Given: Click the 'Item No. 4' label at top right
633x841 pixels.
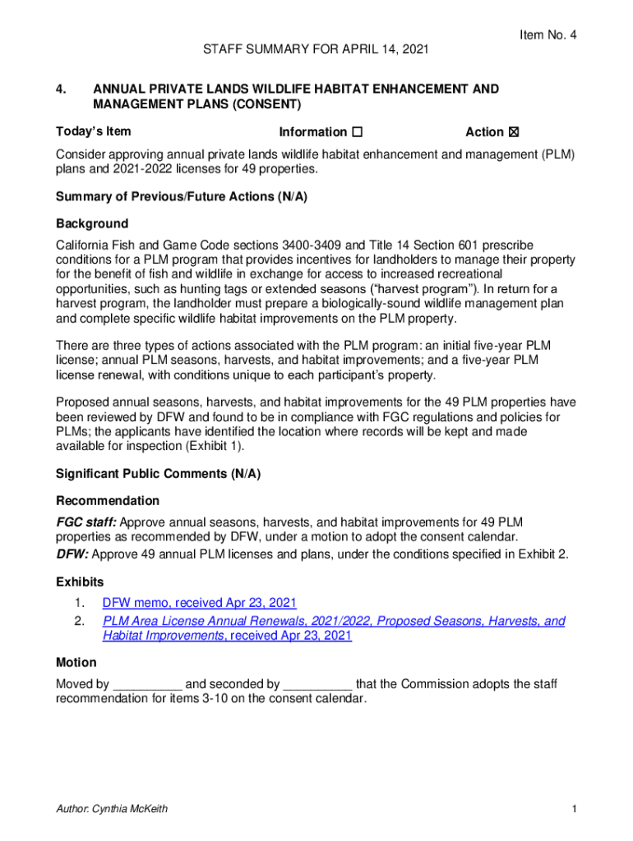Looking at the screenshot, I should (548, 34).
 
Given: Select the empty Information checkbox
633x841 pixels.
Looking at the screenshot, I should (357, 132).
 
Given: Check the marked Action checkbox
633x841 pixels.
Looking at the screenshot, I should (515, 132).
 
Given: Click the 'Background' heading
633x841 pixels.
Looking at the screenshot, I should (92, 223).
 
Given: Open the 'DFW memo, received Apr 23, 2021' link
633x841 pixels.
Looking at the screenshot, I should (199, 603).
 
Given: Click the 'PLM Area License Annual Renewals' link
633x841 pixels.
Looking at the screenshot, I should (334, 621).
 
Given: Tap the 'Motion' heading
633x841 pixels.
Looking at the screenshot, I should (76, 662).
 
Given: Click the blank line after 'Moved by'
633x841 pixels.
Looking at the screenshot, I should (147, 684).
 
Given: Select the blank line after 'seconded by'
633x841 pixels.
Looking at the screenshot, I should (318, 684).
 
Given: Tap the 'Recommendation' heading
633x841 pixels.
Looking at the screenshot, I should (107, 500).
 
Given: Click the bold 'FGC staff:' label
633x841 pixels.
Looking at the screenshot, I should (86, 522).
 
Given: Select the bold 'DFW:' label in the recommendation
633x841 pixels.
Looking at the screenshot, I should (73, 554).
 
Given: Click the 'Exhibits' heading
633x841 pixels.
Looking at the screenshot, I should (80, 581).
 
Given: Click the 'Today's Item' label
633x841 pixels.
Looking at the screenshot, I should (93, 131).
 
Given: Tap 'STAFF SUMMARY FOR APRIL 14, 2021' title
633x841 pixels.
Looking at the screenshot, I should (316, 51).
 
